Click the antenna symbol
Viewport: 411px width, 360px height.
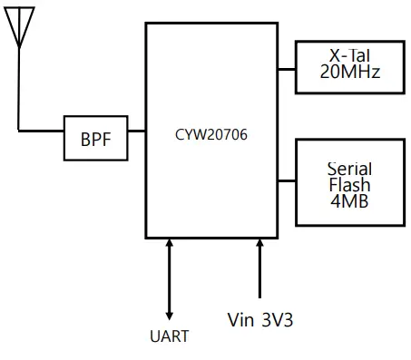(x=19, y=25)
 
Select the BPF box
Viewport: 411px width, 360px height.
(x=95, y=139)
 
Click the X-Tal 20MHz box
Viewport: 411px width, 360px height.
(x=349, y=66)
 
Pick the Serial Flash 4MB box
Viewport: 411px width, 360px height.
(x=349, y=182)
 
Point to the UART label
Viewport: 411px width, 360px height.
(x=169, y=336)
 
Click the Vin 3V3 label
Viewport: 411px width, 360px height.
(x=260, y=319)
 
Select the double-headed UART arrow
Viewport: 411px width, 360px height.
(x=170, y=277)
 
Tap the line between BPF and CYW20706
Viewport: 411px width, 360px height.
(x=136, y=131)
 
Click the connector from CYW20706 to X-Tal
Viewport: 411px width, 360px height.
(x=287, y=68)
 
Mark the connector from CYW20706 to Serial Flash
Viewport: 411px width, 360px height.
(x=287, y=180)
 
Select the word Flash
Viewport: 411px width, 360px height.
(x=349, y=185)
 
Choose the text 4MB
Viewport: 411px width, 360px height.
(x=349, y=201)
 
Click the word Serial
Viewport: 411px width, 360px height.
(x=349, y=169)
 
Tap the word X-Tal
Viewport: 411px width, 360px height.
(x=349, y=56)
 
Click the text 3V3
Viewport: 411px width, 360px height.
(x=277, y=319)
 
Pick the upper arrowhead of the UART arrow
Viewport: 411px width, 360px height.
(x=170, y=244)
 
